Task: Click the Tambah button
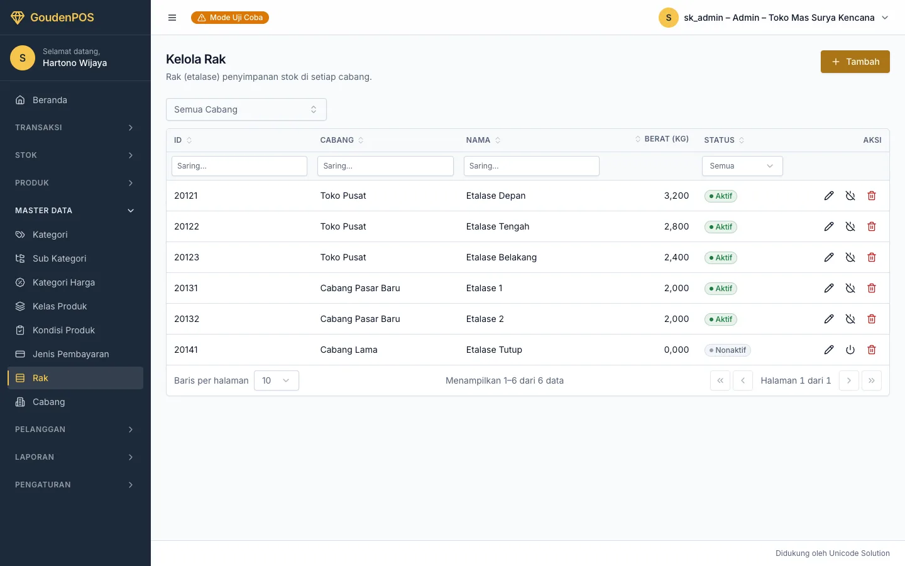click(x=855, y=62)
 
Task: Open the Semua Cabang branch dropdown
click(x=246, y=109)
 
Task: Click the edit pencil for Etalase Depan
click(x=828, y=196)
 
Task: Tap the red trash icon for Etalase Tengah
click(x=872, y=226)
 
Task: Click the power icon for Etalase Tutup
click(x=850, y=350)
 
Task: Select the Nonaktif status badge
click(x=727, y=350)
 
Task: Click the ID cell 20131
click(x=186, y=288)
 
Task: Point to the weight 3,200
click(x=676, y=196)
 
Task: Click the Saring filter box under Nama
click(x=531, y=166)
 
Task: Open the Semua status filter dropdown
click(x=742, y=166)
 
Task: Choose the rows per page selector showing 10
click(x=277, y=380)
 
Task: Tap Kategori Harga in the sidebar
click(x=63, y=282)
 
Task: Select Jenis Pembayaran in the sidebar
click(x=70, y=353)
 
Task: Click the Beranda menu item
click(x=50, y=100)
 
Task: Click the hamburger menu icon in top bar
click(x=172, y=18)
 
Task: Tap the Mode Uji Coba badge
click(x=230, y=18)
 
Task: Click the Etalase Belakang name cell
click(x=501, y=257)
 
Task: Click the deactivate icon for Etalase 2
click(x=850, y=319)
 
